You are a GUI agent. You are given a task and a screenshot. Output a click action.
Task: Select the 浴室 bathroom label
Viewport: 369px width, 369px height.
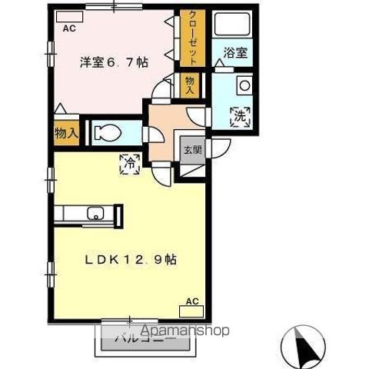236,53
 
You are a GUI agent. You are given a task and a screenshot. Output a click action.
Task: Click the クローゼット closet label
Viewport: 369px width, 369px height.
187,37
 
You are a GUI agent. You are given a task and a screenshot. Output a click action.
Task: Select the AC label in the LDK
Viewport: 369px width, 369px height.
192,301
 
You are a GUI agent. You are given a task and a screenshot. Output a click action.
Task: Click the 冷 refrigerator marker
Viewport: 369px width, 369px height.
128,162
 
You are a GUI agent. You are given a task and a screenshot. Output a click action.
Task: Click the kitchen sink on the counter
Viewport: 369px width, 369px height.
96,214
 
